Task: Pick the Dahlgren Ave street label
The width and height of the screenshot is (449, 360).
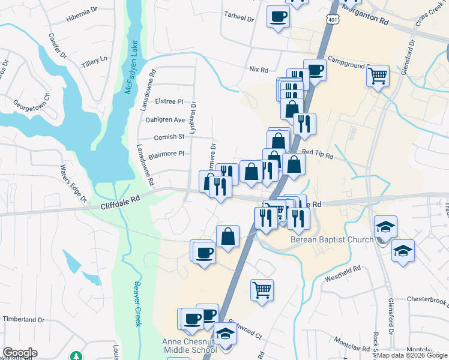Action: tap(166, 119)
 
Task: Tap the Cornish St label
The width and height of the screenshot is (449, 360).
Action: tap(168, 137)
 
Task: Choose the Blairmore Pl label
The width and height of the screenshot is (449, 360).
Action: tap(166, 154)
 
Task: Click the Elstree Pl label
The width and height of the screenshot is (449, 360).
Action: tap(169, 102)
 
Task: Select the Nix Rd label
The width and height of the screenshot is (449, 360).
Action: tap(259, 70)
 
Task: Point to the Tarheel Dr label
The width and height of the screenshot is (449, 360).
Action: tap(239, 18)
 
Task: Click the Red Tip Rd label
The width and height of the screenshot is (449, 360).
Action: tap(318, 154)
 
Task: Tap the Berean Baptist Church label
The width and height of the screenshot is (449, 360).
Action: tap(332, 240)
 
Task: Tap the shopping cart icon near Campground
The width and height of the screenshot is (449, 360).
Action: tap(378, 76)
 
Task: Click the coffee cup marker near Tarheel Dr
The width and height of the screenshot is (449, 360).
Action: tap(278, 16)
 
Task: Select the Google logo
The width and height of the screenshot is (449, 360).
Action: tap(20, 353)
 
